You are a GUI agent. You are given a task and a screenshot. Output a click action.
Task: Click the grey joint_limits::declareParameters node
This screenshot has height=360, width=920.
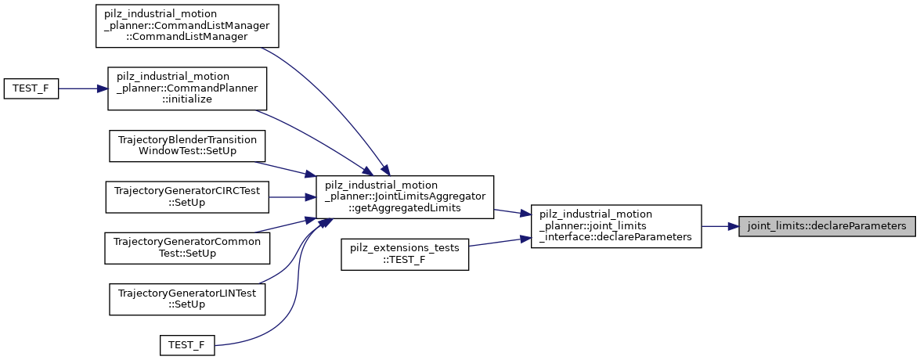(827, 226)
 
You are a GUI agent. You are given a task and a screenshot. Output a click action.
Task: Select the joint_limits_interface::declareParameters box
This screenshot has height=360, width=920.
(615, 226)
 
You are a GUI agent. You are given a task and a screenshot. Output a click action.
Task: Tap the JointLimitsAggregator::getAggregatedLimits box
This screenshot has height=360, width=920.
(404, 196)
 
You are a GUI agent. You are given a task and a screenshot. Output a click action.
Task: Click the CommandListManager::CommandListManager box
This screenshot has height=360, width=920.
(187, 27)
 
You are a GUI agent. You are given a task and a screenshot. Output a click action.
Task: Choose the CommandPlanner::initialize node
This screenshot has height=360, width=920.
(187, 88)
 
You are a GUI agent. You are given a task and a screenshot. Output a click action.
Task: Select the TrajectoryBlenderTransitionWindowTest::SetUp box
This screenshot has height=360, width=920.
(187, 146)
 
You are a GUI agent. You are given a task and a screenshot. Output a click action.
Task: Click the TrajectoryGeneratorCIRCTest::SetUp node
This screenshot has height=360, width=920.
(187, 196)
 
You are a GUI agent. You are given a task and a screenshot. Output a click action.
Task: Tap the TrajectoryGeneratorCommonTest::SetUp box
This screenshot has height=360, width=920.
(187, 247)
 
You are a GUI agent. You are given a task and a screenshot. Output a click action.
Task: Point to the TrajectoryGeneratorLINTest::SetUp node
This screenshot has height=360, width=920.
(187, 298)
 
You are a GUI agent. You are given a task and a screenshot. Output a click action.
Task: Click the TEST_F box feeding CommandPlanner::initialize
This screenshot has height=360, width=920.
(31, 88)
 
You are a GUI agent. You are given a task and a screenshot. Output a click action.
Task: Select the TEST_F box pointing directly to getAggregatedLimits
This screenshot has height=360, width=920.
(187, 344)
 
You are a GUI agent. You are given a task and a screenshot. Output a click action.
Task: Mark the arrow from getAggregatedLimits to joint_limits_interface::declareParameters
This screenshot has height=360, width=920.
(512, 212)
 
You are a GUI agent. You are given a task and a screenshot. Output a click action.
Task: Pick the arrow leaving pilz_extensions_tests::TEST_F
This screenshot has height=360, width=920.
(500, 243)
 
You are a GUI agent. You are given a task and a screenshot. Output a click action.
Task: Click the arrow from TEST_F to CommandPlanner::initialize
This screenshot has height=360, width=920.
(83, 88)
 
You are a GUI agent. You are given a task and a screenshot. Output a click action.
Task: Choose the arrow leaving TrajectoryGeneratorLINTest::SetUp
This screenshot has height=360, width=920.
(286, 258)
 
